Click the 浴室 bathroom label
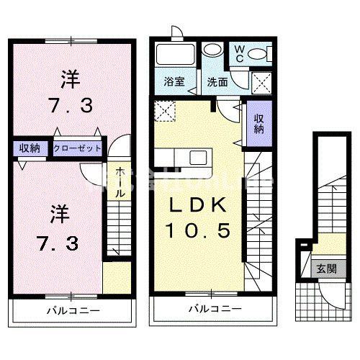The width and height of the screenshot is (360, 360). pyautogui.click(x=175, y=81)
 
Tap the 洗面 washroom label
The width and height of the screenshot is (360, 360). pyautogui.click(x=219, y=81)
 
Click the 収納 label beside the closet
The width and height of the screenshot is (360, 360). pyautogui.click(x=30, y=149)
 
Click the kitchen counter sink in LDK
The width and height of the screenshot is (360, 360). pyautogui.click(x=197, y=157)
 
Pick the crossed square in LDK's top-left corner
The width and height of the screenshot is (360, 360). pyautogui.click(x=165, y=112)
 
